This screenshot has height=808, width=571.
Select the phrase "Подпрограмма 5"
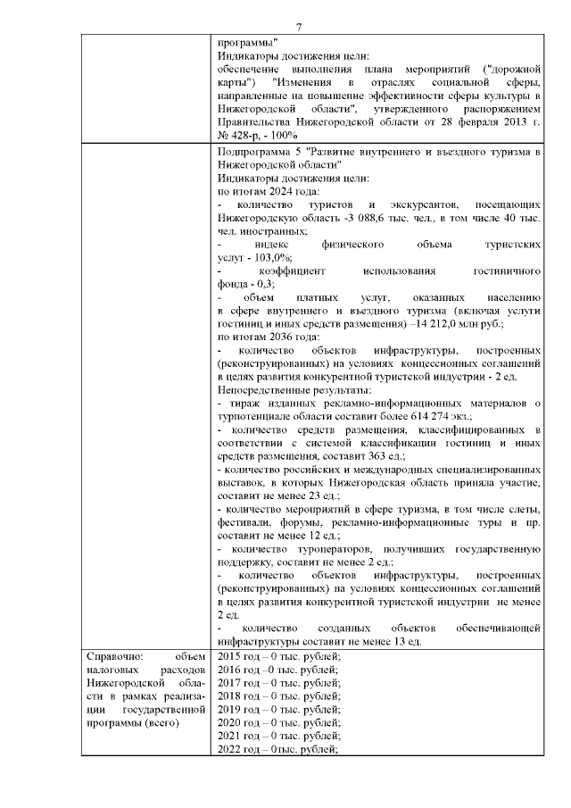[260, 152]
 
